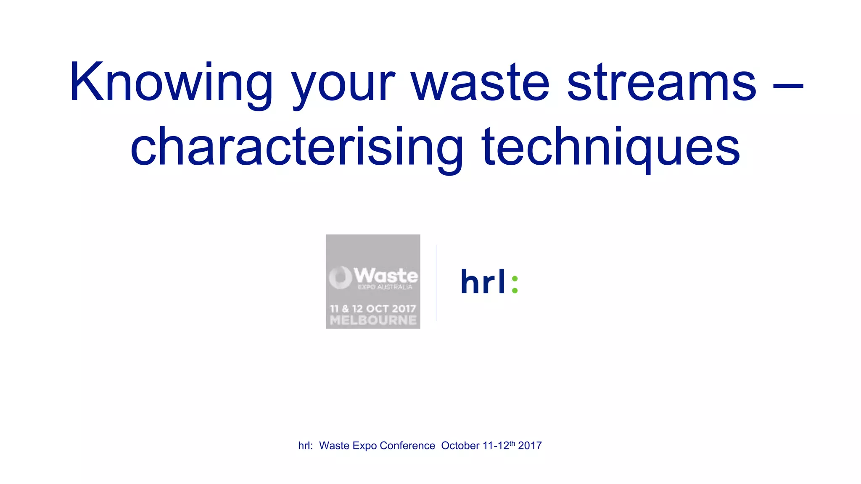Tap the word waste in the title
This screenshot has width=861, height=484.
point(480,83)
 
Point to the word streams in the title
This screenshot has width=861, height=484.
point(661,83)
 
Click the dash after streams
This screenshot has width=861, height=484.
point(788,87)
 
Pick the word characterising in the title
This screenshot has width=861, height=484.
point(296,147)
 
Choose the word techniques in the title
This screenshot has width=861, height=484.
point(610,147)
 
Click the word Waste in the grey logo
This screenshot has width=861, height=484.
point(386,276)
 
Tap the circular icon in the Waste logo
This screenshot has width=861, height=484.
point(340,277)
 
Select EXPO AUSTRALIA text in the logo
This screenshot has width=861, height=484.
point(385,287)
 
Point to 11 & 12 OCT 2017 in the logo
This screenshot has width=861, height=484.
point(373,309)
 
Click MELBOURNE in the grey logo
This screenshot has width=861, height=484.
point(373,321)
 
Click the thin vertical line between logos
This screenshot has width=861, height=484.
point(437,283)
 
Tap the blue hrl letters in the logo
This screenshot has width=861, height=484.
point(483,281)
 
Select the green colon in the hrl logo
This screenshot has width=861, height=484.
point(515,284)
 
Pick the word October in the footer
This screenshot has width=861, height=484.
point(460,446)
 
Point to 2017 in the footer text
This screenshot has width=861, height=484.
point(530,446)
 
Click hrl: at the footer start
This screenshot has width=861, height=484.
point(306,446)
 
